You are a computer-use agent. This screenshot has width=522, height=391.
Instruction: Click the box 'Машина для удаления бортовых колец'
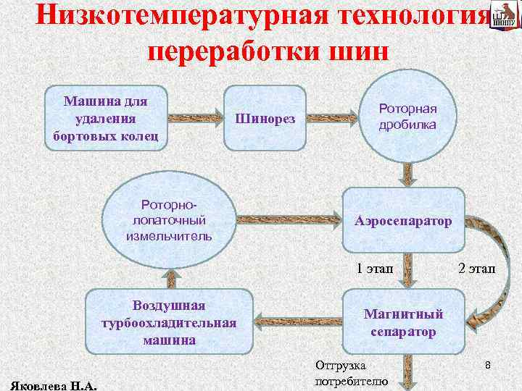click(x=107, y=116)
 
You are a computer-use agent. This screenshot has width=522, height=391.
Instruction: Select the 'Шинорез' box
click(x=265, y=118)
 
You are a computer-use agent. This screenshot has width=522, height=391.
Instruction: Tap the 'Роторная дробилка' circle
click(x=407, y=117)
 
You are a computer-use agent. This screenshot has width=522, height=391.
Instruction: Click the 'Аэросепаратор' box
click(x=403, y=219)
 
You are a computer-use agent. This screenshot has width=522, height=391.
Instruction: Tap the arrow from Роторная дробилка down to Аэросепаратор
click(x=407, y=172)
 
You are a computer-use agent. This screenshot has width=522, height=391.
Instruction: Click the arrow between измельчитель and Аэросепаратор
click(x=290, y=217)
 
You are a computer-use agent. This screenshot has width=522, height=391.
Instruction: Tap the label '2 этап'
click(x=476, y=269)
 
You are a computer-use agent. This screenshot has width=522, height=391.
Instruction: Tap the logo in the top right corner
click(x=502, y=17)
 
